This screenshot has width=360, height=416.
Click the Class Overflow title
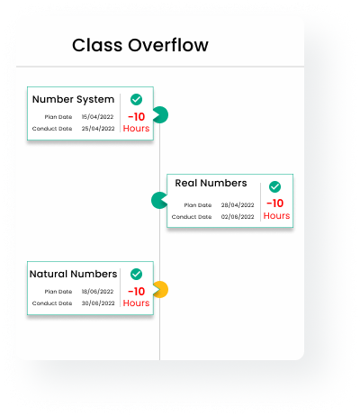tap(140, 45)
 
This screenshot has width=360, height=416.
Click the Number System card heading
tap(73, 99)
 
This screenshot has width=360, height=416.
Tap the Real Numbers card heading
tap(211, 183)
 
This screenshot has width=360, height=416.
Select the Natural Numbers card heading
tap(73, 274)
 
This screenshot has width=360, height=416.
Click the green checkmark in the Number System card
tap(136, 99)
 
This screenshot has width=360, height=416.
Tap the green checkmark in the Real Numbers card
tap(274, 186)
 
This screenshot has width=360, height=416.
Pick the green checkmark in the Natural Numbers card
tap(136, 274)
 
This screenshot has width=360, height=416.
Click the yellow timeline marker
tap(161, 290)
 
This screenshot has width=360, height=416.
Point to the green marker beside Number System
tap(161, 114)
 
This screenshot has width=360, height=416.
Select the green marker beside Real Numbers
tap(158, 200)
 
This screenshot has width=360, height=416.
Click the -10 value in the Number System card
tap(137, 117)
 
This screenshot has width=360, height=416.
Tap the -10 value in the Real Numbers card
tap(275, 203)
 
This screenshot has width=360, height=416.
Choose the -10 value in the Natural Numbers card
tap(137, 292)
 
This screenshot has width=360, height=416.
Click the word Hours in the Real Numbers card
tap(276, 216)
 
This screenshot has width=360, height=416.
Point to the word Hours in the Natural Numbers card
tap(136, 303)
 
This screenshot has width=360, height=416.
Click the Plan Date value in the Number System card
tap(97, 117)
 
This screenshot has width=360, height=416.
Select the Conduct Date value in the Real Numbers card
tap(238, 217)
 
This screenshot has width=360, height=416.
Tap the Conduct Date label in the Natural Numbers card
tap(52, 303)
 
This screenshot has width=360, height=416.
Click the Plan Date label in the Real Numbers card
tap(198, 205)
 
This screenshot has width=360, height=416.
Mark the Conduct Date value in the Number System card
tap(98, 129)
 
